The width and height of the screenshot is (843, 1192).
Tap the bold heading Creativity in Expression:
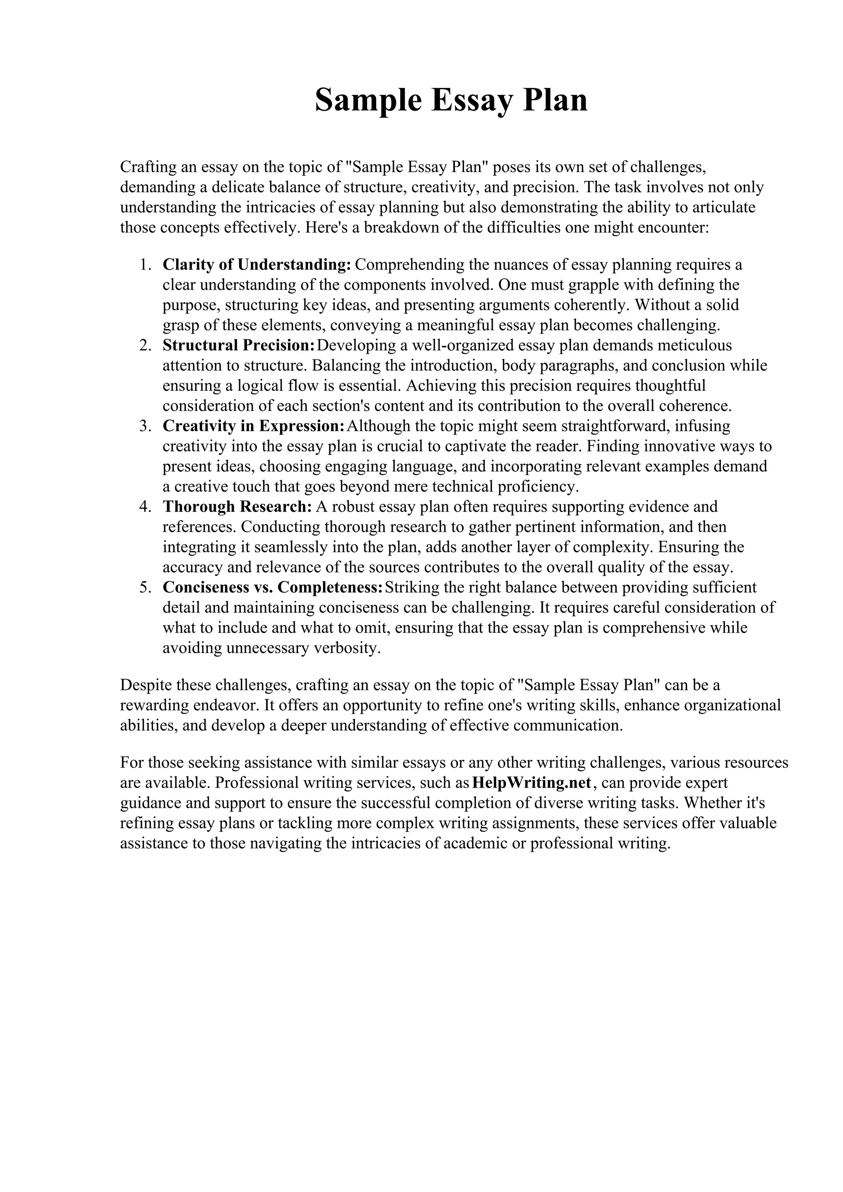tap(254, 426)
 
